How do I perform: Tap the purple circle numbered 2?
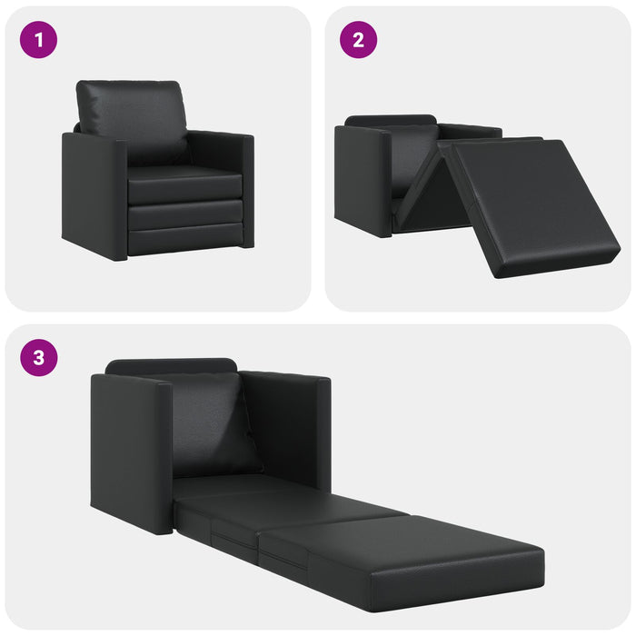(359, 40)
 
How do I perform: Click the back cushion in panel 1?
(134, 118)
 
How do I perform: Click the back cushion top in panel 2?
(391, 120)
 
